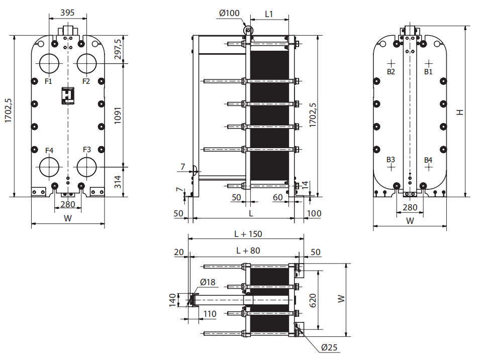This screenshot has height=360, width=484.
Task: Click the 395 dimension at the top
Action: (67, 13)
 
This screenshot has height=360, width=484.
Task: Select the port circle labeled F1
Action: (49, 63)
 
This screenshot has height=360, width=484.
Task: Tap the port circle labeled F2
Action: (87, 63)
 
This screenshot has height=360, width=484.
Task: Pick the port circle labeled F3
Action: (87, 167)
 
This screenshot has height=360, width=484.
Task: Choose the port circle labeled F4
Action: (49, 167)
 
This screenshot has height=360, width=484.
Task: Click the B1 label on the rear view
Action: (428, 72)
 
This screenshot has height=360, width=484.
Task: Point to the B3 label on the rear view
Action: (391, 160)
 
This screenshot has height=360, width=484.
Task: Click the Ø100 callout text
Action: (229, 13)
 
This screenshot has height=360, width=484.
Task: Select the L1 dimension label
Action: (269, 14)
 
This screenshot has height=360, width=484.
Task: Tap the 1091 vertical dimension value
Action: (118, 115)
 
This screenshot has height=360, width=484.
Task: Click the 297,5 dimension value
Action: (118, 49)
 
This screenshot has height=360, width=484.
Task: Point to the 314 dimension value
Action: (118, 182)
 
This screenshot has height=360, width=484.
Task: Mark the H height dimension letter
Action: (460, 112)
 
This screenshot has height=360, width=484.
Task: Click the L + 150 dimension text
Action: (248, 234)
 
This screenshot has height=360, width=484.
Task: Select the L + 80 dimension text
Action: (248, 251)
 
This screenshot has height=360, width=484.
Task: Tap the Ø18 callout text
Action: (208, 282)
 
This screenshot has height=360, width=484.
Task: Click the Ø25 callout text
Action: (329, 347)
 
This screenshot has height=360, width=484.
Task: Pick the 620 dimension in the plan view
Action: (313, 300)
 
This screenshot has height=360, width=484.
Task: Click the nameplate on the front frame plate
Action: (68, 95)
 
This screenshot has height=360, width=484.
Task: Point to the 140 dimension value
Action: (172, 300)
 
